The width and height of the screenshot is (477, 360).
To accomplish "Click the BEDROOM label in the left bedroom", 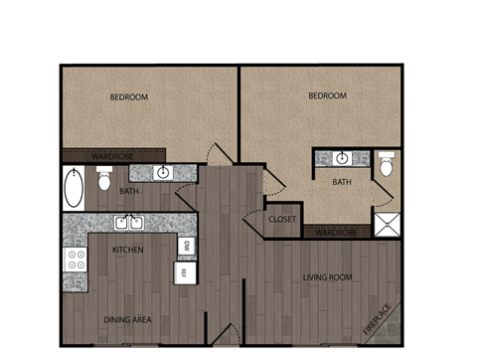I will click(129, 96).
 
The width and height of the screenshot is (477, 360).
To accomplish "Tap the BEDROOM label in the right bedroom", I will click(327, 95).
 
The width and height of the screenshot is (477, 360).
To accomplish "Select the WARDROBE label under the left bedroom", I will click(113, 155).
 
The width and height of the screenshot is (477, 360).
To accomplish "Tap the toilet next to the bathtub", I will click(103, 179).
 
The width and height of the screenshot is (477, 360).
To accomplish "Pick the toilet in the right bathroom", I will click(386, 165).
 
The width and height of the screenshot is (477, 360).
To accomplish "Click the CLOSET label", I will click(282, 219).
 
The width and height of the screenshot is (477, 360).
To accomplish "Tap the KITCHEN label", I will click(127, 250).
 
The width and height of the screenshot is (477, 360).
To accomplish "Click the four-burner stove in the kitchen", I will click(76, 261).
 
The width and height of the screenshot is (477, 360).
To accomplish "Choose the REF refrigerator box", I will click(184, 270).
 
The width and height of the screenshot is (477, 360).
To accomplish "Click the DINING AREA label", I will click(127, 319).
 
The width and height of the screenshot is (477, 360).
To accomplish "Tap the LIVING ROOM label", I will click(328, 276).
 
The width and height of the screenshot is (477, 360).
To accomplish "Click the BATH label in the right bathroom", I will click(342, 182).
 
